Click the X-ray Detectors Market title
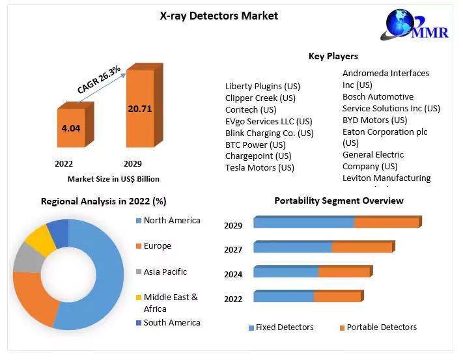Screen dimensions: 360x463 (219, 15)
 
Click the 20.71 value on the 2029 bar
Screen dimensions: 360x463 (139, 108)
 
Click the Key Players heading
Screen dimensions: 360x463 (333, 56)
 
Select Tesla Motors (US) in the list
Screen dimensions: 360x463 (259, 167)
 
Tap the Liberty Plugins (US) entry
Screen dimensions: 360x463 (262, 86)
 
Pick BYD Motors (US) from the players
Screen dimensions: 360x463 (374, 120)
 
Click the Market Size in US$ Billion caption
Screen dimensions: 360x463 (113, 178)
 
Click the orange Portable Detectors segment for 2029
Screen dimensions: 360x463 (386, 223)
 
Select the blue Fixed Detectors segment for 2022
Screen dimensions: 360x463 (283, 297)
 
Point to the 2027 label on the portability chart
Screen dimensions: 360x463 (233, 249)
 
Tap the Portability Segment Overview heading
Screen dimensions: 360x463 (339, 201)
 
